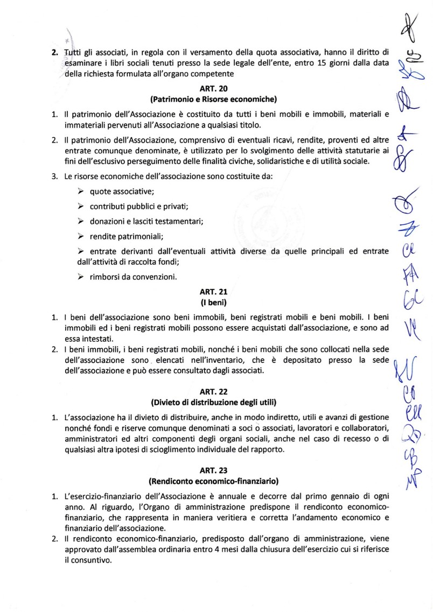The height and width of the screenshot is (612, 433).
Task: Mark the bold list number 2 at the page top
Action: point(54,52)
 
